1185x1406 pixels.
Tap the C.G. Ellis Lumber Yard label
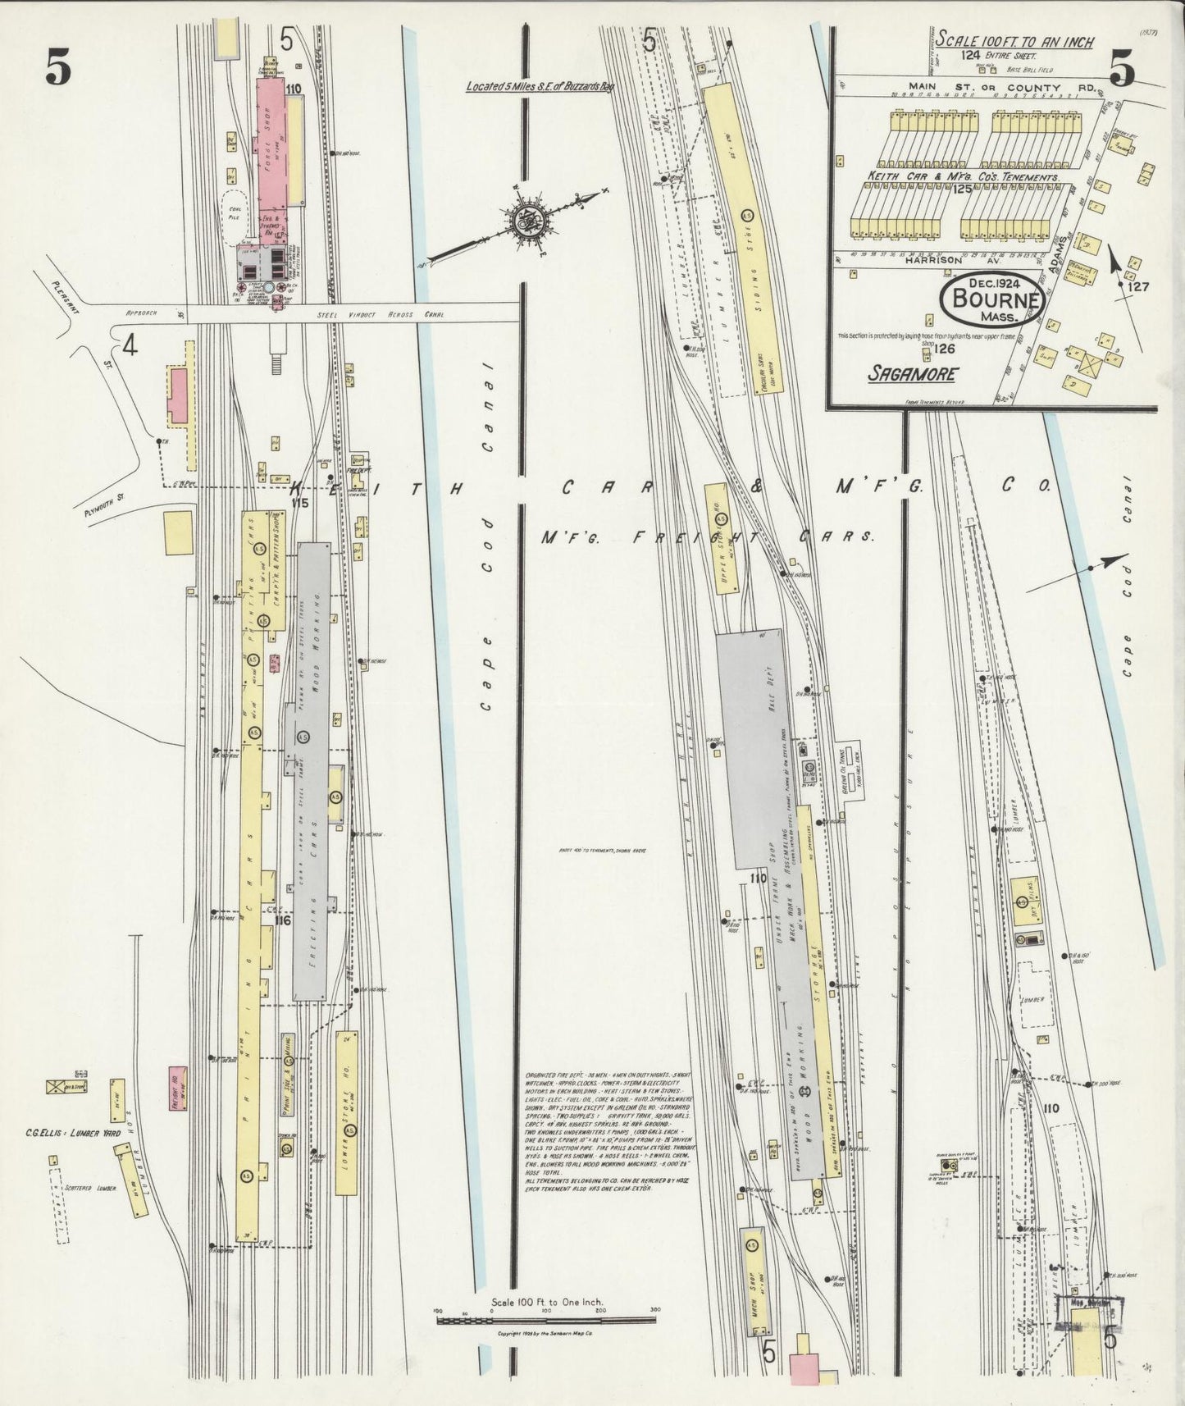click(74, 1133)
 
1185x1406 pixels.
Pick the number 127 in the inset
click(1137, 287)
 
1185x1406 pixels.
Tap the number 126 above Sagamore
click(943, 349)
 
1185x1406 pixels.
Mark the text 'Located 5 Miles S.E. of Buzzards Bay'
click(539, 85)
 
